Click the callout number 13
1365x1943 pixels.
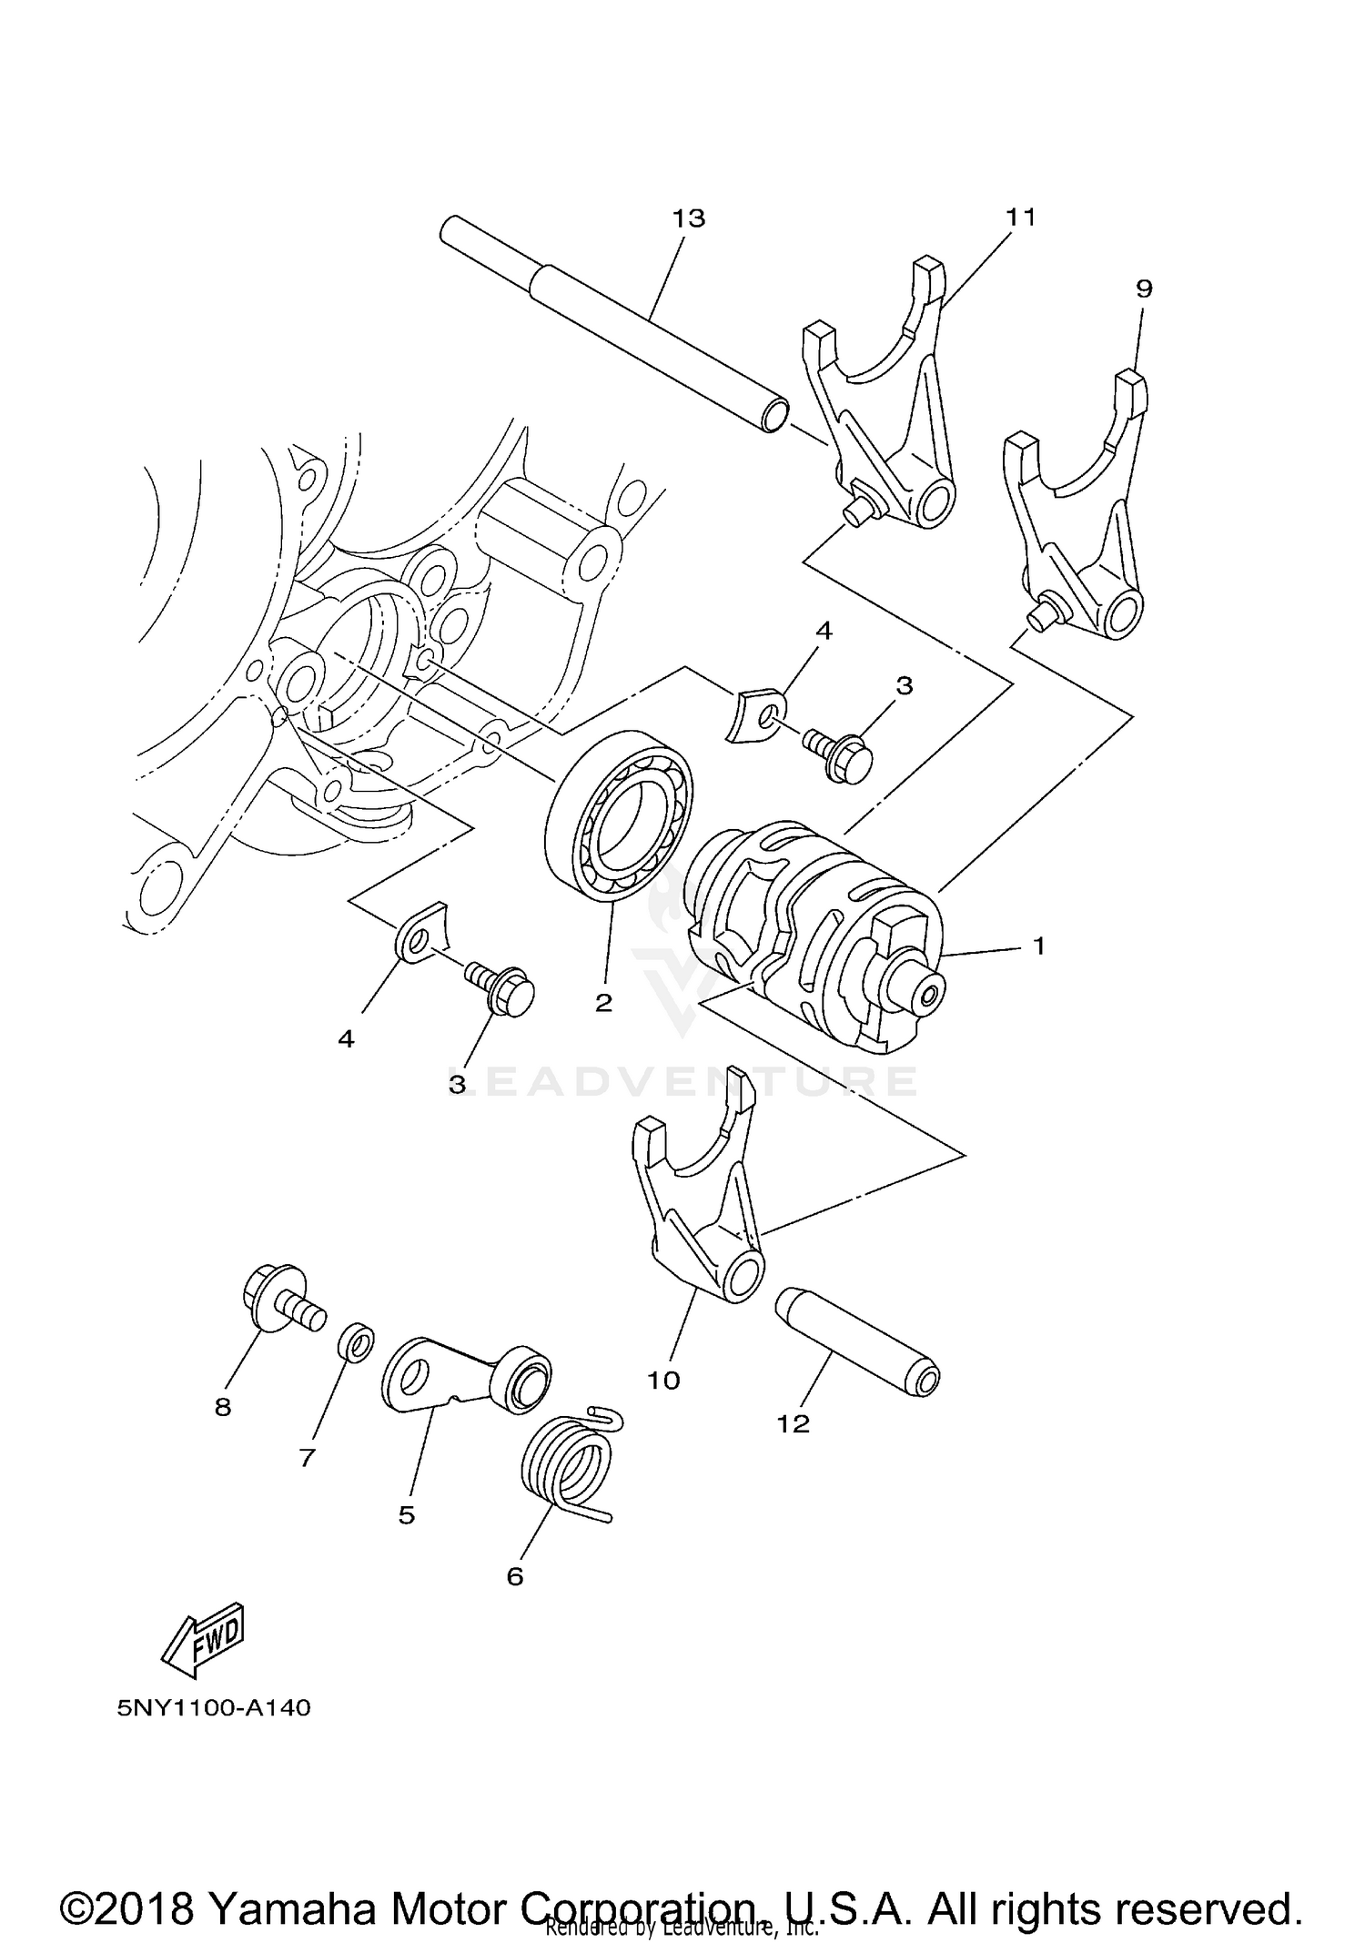coord(689,218)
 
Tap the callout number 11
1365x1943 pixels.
coord(1020,218)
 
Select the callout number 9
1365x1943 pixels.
coord(1144,288)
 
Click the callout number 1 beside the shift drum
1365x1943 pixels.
coord(1038,946)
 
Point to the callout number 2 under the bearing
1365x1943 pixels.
coord(602,1003)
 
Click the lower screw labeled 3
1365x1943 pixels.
coord(501,987)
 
